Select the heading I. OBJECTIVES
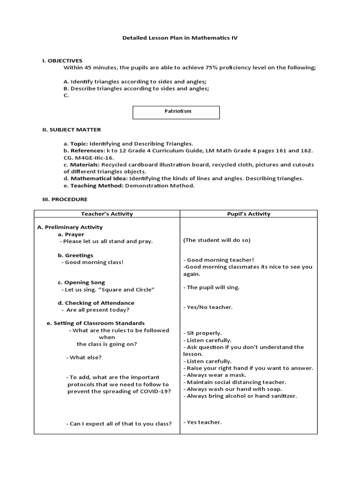[x=62, y=60]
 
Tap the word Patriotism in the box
[x=176, y=112]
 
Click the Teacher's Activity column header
[x=107, y=214]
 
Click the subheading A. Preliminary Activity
[x=70, y=227]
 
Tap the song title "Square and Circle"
[x=129, y=290]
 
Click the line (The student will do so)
[x=217, y=240]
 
